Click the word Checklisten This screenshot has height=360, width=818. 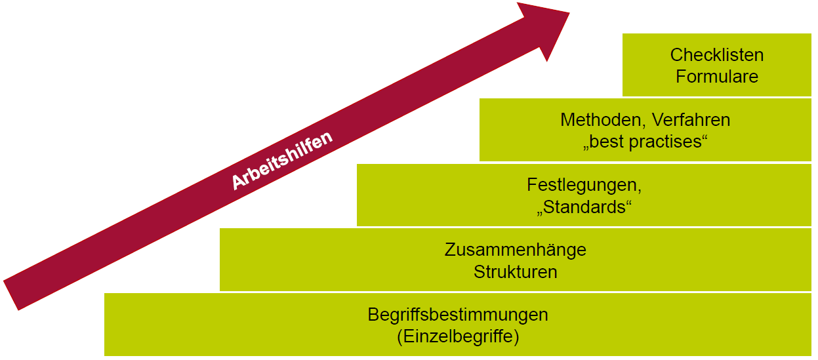[717, 55]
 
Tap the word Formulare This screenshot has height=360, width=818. [717, 77]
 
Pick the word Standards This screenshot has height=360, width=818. [584, 207]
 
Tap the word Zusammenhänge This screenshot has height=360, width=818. [515, 250]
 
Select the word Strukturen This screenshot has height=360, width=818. [515, 271]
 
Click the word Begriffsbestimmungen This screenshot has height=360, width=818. [458, 315]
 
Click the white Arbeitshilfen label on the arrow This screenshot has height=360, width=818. [282, 160]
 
